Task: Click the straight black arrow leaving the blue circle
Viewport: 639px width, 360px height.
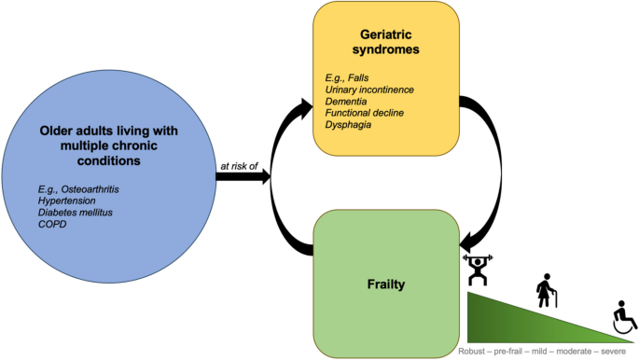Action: (245, 175)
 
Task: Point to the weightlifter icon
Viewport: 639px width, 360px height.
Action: (476, 270)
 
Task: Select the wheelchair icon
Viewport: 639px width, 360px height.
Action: (622, 318)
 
